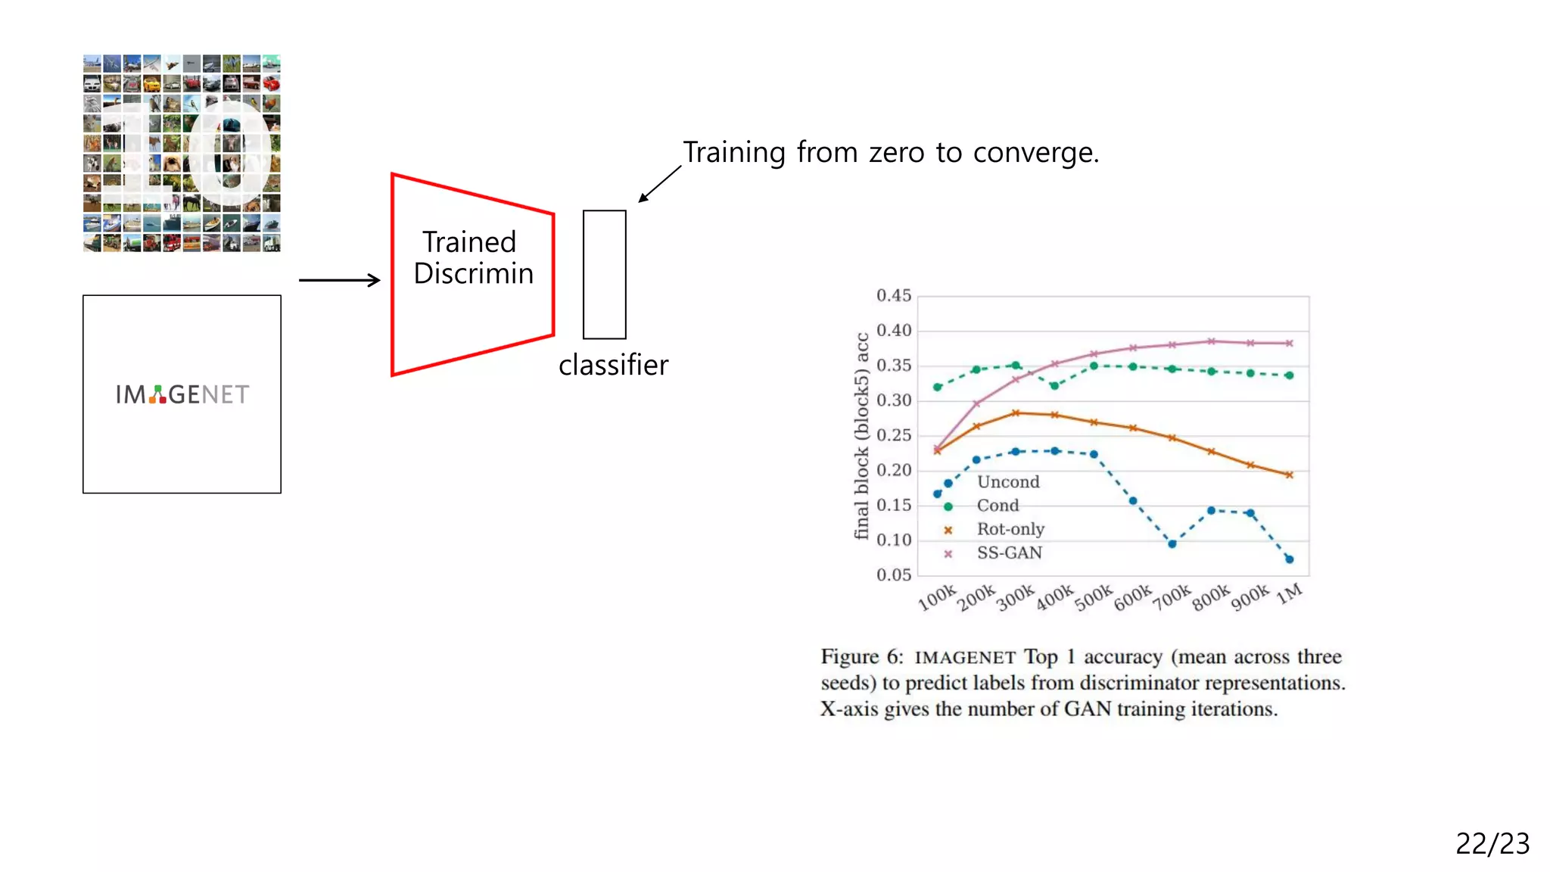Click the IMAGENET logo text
coord(182,394)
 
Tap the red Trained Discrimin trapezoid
coord(472,274)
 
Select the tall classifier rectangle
coord(604,274)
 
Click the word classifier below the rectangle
coord(613,366)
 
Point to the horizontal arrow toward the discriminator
coord(339,280)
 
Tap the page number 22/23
coord(1492,843)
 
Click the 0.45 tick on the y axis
coord(893,296)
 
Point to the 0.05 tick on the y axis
coord(893,575)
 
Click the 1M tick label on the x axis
coord(1290,593)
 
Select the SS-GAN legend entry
coord(1009,553)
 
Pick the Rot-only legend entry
coord(1010,529)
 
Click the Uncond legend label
coord(1008,482)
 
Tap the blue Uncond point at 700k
coord(1172,543)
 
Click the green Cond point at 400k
coord(1054,386)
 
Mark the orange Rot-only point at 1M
coord(1289,475)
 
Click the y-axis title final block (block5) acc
coord(861,436)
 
